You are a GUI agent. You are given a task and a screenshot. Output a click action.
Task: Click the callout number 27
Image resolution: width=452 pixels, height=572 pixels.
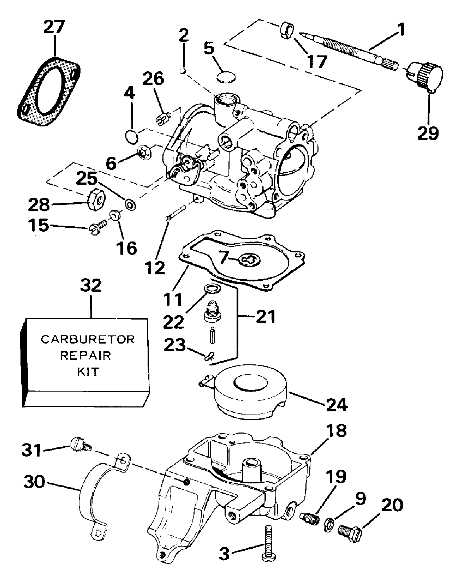[x=55, y=27]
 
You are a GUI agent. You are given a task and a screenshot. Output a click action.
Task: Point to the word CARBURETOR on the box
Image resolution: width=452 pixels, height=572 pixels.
[x=88, y=339]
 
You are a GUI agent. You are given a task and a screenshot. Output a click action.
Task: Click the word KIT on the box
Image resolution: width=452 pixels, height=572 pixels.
[x=88, y=371]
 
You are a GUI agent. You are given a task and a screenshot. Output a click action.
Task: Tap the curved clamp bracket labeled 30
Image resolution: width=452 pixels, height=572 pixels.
[x=93, y=489]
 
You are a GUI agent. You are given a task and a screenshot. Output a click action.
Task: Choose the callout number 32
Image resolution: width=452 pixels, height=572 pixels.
[x=91, y=286]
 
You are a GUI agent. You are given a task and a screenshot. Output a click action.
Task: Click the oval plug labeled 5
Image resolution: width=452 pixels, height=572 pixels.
[x=225, y=77]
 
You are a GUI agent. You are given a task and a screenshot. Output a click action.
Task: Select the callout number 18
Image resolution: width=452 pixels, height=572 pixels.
[x=336, y=430]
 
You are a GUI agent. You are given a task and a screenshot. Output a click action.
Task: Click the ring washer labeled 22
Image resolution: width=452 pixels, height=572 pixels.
[x=211, y=289]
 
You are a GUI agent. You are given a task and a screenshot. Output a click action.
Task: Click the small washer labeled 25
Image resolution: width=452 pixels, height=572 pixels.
[x=130, y=204]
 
